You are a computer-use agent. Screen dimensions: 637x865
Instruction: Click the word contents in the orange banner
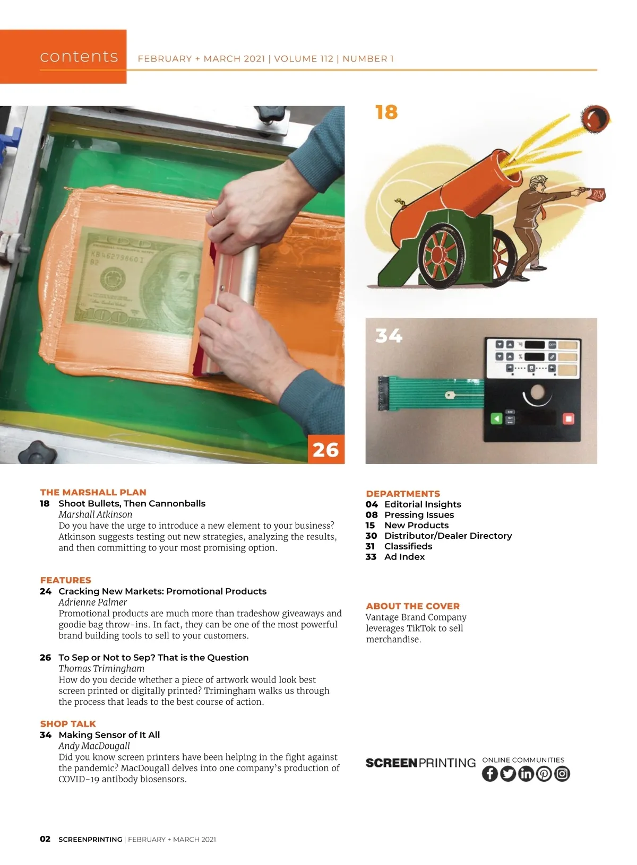click(79, 56)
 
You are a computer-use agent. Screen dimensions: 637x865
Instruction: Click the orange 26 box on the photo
click(326, 449)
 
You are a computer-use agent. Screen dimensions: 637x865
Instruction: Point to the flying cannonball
click(595, 118)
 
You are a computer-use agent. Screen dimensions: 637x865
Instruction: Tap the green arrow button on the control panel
click(496, 418)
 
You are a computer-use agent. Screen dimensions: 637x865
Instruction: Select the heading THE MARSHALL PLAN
click(93, 492)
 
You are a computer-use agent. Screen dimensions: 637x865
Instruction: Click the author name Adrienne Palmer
click(93, 602)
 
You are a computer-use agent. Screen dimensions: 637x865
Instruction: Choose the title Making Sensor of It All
click(109, 735)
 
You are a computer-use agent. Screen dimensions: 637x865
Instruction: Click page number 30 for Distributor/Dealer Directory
click(371, 536)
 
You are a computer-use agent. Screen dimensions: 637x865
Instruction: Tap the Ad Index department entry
click(394, 556)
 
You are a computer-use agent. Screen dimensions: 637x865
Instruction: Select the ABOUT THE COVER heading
click(413, 606)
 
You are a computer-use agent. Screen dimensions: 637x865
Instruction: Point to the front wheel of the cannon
click(441, 256)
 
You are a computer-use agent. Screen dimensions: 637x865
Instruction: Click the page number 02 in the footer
click(45, 838)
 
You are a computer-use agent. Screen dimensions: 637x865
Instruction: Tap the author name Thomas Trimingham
click(101, 668)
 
